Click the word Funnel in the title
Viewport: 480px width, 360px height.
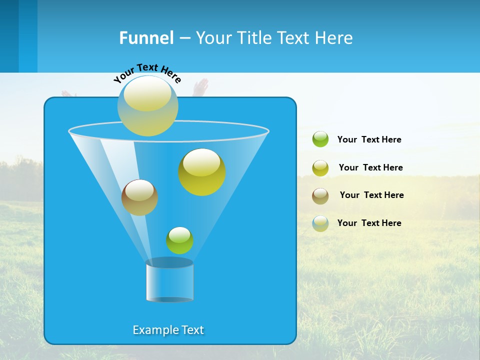tap(146, 38)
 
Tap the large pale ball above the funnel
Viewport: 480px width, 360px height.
tap(147, 105)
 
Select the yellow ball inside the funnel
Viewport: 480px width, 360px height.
tap(201, 172)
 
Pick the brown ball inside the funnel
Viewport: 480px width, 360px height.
tap(139, 197)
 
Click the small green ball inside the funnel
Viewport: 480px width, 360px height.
tap(179, 240)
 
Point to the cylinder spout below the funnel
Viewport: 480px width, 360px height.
tap(169, 281)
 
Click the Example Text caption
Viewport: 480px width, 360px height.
tap(168, 330)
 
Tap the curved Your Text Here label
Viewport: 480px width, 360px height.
tap(147, 72)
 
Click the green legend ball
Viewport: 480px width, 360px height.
tap(320, 139)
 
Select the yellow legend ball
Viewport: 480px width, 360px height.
tap(320, 168)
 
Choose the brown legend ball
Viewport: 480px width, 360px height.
tap(320, 195)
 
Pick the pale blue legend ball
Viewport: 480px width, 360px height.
tap(320, 223)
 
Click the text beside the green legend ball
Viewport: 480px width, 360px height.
tap(369, 140)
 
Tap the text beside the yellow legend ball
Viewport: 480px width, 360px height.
tap(370, 168)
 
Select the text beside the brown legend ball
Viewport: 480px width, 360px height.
tap(371, 195)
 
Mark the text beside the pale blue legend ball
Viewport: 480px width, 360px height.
tap(369, 223)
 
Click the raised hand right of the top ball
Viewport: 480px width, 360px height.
tap(201, 86)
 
